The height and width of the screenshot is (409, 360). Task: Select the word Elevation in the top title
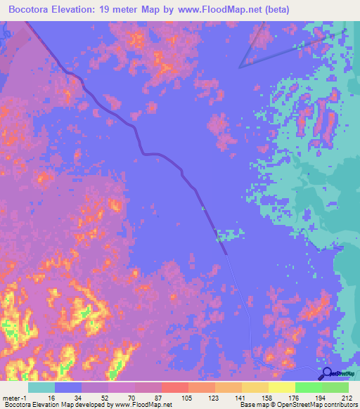pyautogui.click(x=87, y=10)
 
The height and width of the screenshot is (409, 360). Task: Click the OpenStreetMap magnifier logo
pyautogui.click(x=326, y=375)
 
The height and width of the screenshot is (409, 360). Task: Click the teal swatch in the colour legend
pyautogui.click(x=41, y=388)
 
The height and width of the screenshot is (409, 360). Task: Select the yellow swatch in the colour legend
pyautogui.click(x=281, y=388)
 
